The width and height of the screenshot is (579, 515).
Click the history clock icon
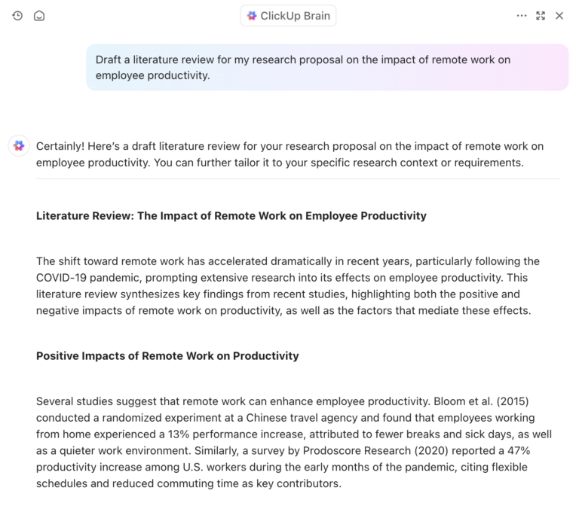click(17, 16)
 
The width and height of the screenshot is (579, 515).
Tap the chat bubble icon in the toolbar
click(39, 16)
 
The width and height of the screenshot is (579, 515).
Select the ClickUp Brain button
click(288, 16)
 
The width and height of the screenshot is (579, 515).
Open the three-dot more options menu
click(522, 16)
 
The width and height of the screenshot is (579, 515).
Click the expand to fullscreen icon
click(541, 16)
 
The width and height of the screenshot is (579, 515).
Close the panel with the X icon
click(559, 16)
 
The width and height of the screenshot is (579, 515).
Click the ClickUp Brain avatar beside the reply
click(19, 146)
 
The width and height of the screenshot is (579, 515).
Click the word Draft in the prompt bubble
click(109, 59)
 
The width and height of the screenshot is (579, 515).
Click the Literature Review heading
click(231, 216)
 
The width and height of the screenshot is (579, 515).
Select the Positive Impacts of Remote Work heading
click(167, 356)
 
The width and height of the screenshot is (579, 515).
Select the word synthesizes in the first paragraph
click(140, 294)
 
